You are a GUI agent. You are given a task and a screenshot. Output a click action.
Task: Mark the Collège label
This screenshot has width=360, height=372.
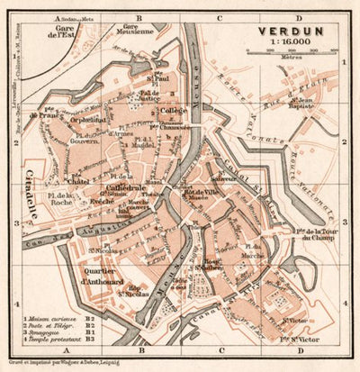pos(175,112)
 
